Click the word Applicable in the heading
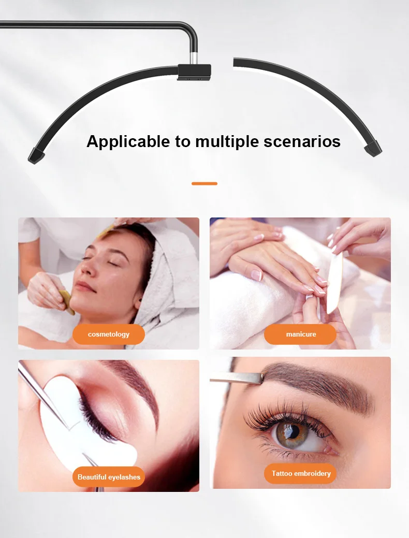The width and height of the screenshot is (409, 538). click(128, 142)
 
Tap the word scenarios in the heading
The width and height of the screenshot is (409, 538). click(302, 141)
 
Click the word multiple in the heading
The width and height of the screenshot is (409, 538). click(227, 142)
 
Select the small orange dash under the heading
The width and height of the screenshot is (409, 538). click(204, 184)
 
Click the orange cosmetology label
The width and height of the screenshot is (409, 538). click(108, 334)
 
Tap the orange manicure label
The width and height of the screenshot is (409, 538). click(300, 334)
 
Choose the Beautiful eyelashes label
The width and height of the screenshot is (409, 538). click(108, 477)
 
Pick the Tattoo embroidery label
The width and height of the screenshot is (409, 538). click(300, 473)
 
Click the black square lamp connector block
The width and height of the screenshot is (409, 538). click(194, 72)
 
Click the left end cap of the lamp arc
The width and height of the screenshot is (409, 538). click(36, 156)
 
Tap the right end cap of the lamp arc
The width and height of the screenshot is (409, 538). click(373, 149)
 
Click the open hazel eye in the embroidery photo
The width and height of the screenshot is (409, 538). click(291, 433)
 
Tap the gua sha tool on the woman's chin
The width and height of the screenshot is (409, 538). click(66, 301)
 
